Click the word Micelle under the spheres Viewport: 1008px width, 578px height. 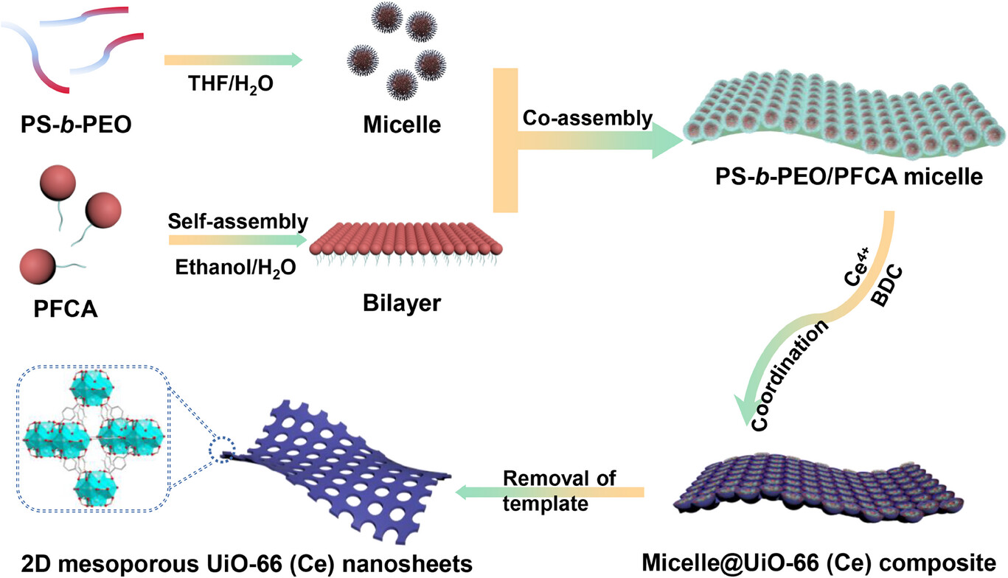coord(402,124)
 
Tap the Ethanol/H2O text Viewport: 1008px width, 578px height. coord(236,268)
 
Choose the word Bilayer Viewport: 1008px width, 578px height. coord(402,303)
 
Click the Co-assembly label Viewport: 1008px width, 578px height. coord(588,118)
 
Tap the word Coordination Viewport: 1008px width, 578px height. coord(790,377)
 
